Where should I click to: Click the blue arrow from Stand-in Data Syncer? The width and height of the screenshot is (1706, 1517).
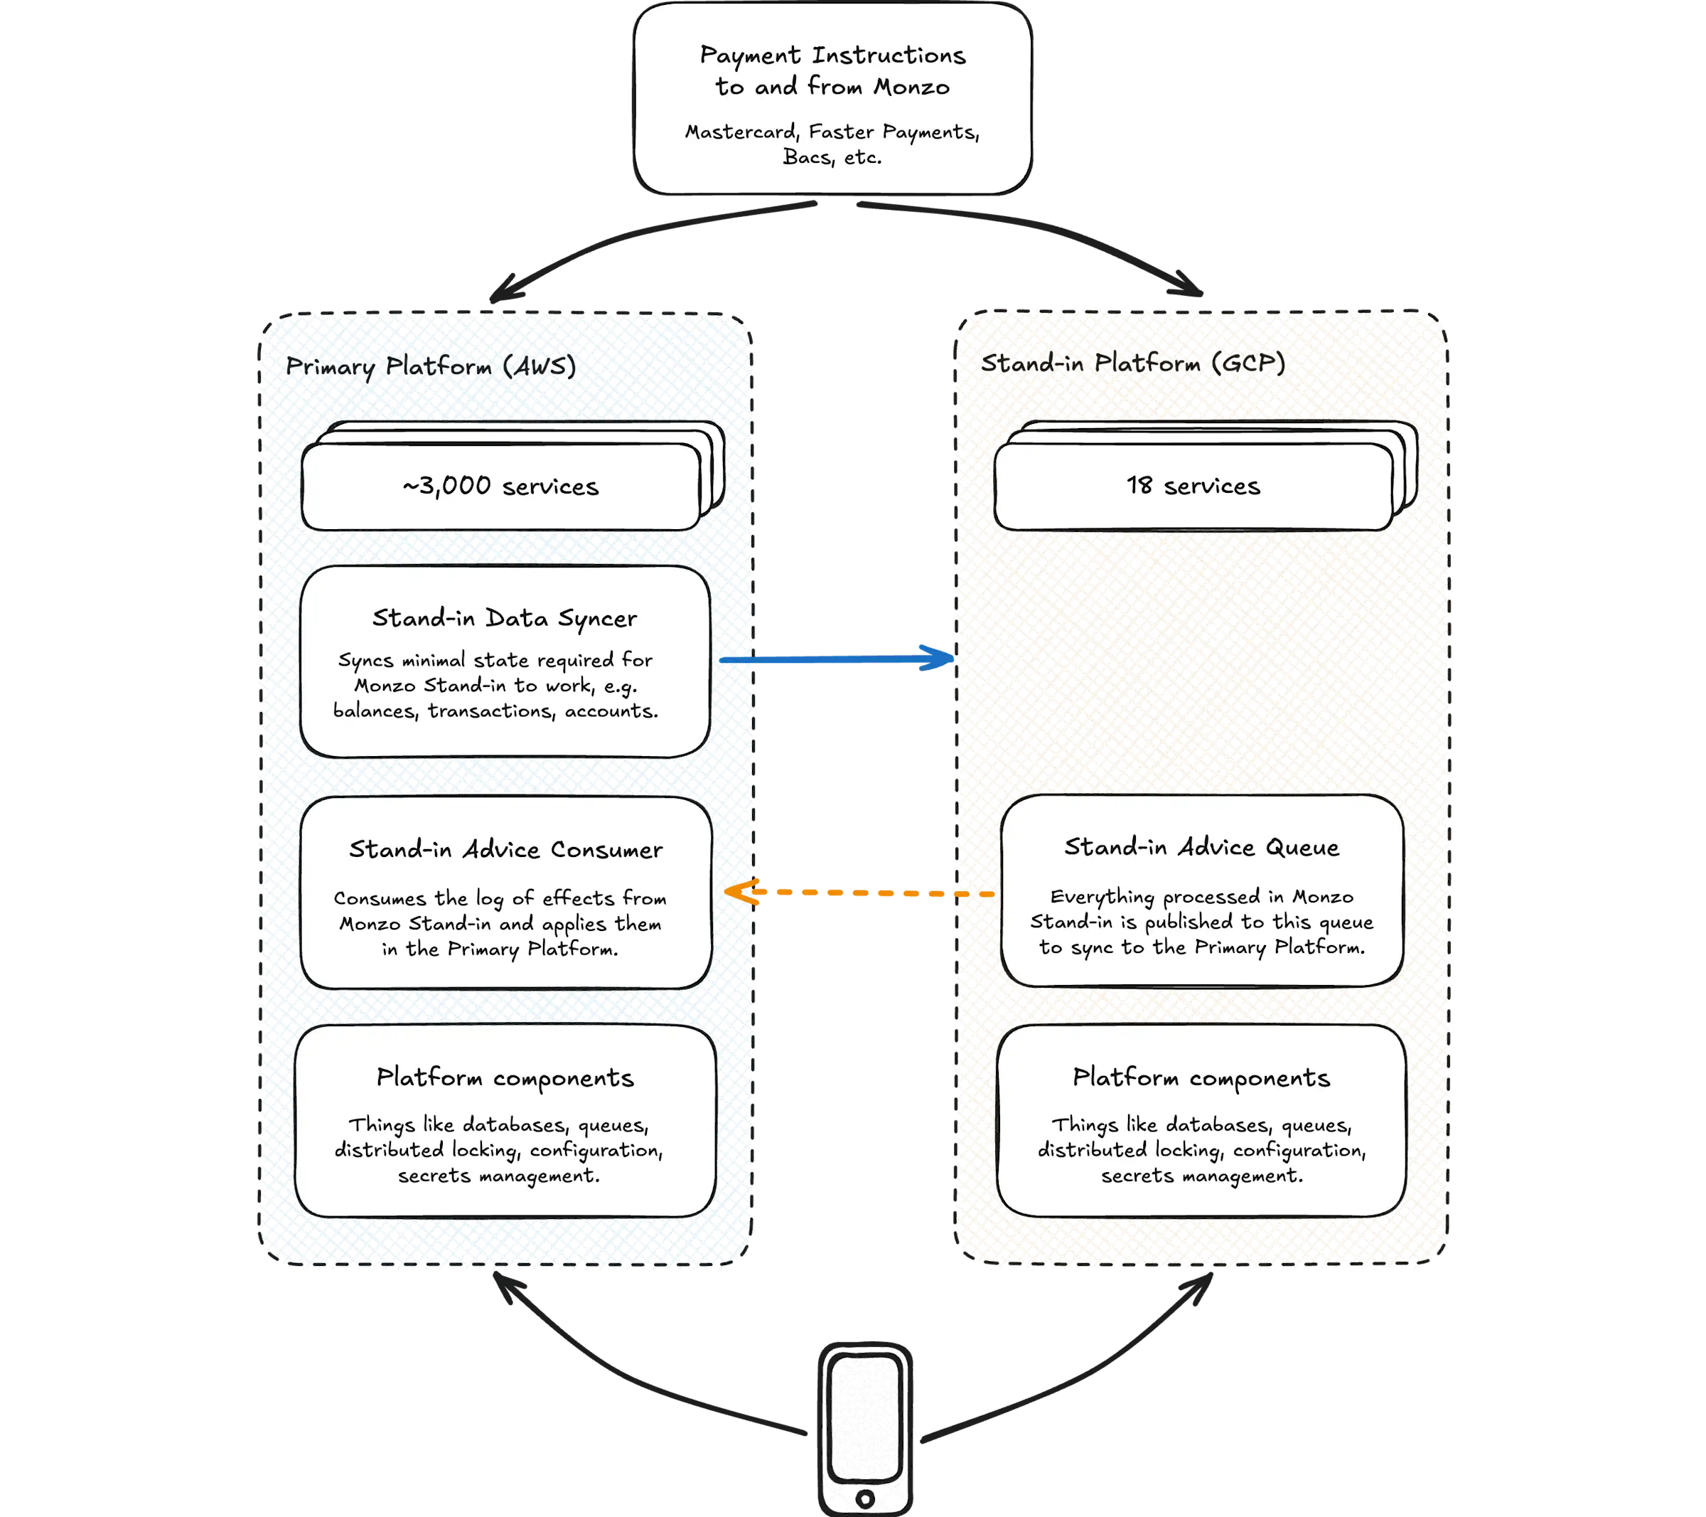[x=837, y=659]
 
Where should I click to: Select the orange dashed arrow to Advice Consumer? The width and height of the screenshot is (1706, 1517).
[x=859, y=893]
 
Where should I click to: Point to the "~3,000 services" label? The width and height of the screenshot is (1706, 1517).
[x=501, y=486]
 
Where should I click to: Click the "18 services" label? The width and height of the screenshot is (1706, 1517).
[x=1193, y=485]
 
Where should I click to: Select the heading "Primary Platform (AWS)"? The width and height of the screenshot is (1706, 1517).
[x=431, y=366]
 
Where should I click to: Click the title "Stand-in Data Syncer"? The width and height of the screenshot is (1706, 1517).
[x=504, y=619]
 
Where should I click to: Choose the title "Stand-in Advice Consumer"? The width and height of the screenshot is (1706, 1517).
[x=506, y=849]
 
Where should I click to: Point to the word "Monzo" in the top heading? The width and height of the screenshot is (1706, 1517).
[x=911, y=87]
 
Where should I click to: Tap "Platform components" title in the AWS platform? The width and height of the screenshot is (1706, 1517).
[x=505, y=1078]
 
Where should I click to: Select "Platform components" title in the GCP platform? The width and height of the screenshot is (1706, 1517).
[x=1201, y=1078]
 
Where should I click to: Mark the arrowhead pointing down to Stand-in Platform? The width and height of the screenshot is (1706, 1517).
[x=1189, y=284]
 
